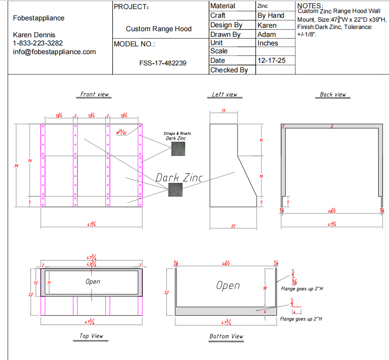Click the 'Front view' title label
click(94, 94)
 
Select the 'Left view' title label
click(225, 94)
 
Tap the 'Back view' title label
click(333, 94)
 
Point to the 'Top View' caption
click(91, 336)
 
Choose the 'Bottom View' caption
click(226, 336)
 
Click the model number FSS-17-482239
click(163, 63)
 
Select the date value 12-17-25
click(271, 61)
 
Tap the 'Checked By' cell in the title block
click(229, 70)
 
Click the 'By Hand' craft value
click(271, 16)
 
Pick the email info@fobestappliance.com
click(55, 52)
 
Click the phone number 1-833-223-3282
click(38, 43)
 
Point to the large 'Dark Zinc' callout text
click(179, 177)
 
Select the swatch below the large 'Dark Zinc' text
click(175, 190)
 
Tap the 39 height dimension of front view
click(16, 165)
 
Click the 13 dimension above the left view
click(223, 111)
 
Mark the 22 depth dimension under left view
click(233, 225)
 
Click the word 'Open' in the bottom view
click(228, 285)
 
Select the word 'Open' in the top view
click(93, 282)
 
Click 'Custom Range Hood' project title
click(158, 29)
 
